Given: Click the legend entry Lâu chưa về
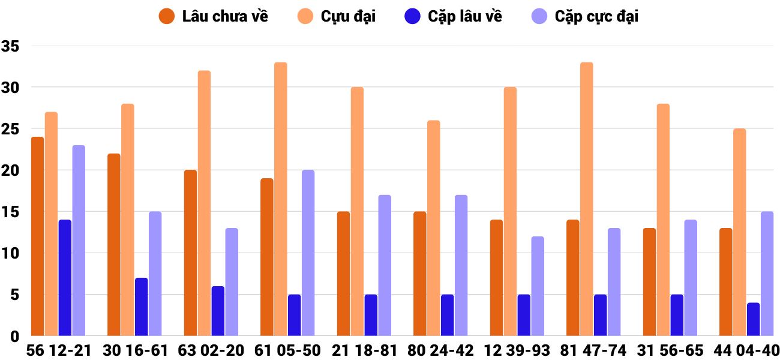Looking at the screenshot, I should point(225,16).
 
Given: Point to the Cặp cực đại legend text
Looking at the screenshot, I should point(596,16).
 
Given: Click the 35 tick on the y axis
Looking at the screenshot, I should point(11,46).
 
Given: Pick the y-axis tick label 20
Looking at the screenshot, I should point(11,170).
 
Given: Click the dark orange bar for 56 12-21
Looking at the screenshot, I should point(38,236).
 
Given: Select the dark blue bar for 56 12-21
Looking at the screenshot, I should point(65,278).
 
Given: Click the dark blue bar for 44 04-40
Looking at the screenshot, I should point(754,319).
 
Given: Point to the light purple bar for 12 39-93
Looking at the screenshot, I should point(538,286).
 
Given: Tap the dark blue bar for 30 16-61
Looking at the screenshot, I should point(142,307).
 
